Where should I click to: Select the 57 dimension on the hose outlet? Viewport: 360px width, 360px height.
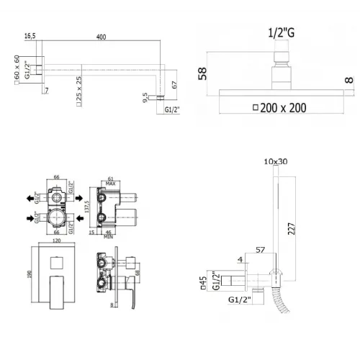click(x=260, y=248)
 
